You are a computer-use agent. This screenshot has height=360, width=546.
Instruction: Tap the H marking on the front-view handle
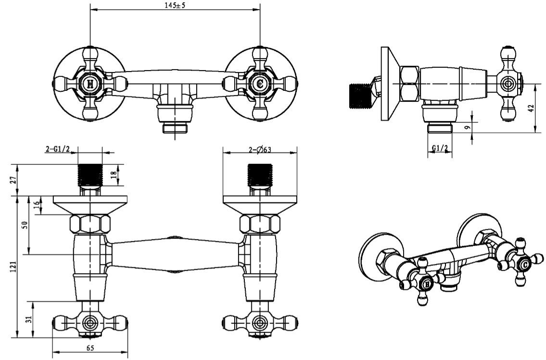(89, 84)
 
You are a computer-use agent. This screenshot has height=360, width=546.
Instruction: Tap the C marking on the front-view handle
(260, 84)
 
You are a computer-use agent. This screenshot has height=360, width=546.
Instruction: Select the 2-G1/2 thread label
(58, 149)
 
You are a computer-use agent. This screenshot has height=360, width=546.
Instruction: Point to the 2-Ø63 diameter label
(259, 149)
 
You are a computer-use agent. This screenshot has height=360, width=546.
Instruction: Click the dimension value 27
(13, 180)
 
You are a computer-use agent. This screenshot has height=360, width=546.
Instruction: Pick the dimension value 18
(113, 175)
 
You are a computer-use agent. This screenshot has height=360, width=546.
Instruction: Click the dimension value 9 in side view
(467, 128)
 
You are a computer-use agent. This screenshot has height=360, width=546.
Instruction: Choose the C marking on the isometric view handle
(526, 264)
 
